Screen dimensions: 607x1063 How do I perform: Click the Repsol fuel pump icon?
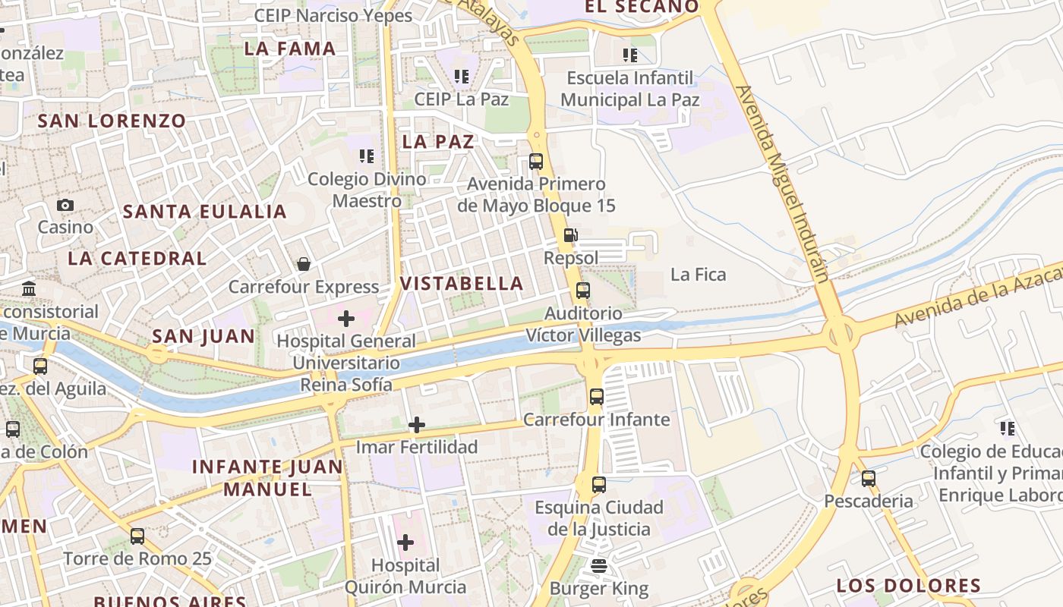point(570,236)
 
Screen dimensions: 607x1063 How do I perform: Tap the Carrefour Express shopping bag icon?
point(304,264)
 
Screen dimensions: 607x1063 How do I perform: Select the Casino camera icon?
point(65,205)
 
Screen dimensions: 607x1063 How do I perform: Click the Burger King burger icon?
point(599,566)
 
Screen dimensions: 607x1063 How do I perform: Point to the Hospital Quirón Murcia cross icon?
point(405,543)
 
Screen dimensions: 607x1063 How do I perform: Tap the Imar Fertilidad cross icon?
point(417,425)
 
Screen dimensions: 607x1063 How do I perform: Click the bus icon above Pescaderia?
point(869,479)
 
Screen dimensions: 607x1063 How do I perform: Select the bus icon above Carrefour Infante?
point(597,396)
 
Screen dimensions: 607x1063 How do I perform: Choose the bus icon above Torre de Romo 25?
point(137,536)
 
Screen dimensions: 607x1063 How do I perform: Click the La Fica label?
point(698,275)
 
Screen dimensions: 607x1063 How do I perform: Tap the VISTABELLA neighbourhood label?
point(462,284)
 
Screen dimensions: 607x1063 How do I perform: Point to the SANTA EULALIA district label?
point(205,212)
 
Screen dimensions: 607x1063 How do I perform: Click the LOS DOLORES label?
point(908,586)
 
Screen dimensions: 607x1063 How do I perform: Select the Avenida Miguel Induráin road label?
point(781,182)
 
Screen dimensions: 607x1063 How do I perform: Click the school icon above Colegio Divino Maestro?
point(367,156)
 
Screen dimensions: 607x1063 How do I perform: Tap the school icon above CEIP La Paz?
point(461,77)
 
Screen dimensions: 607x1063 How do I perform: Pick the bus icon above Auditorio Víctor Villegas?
point(583,291)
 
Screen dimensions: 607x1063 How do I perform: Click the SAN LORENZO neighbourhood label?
point(112,121)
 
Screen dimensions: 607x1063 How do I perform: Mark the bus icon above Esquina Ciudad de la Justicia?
point(599,484)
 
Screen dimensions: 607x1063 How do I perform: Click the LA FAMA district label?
point(290,49)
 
